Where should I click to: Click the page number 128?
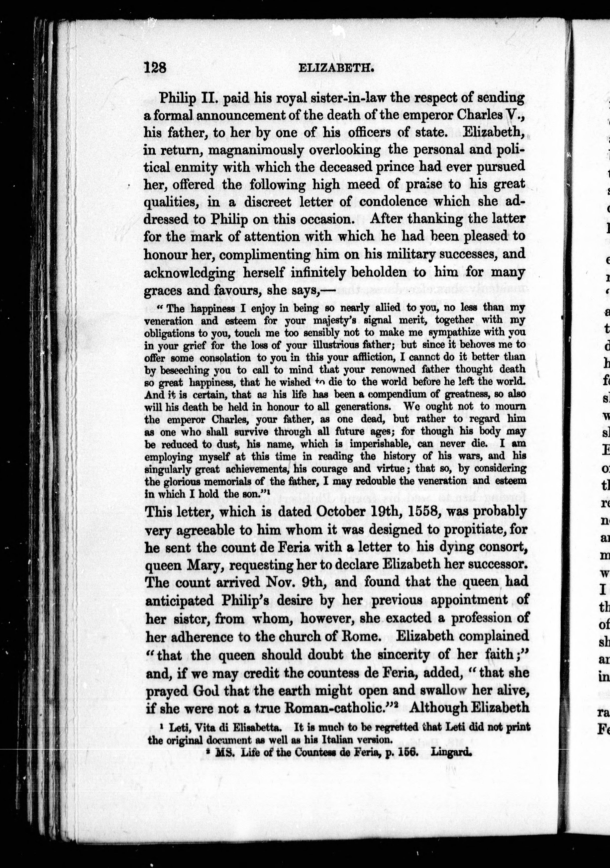pyautogui.click(x=155, y=68)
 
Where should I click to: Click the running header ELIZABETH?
pyautogui.click(x=336, y=68)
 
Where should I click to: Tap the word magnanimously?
pyautogui.click(x=256, y=150)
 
